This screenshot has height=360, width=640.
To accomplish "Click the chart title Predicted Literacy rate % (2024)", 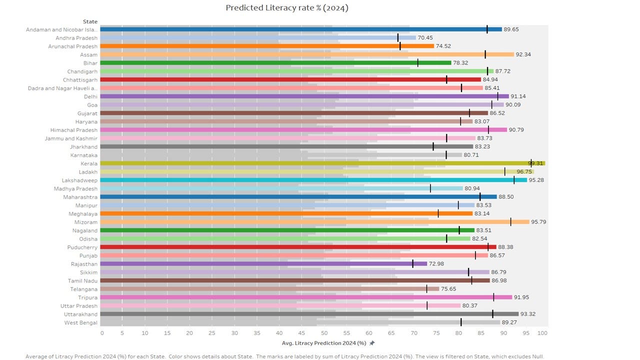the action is click(287, 8).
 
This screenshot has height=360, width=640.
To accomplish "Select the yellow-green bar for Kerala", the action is click(322, 163).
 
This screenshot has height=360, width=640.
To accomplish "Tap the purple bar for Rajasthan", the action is click(263, 263).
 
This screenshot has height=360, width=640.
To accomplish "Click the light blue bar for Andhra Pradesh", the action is click(258, 37).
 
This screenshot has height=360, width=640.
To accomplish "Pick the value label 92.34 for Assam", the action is click(523, 54).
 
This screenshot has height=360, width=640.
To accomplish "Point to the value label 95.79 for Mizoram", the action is click(538, 222).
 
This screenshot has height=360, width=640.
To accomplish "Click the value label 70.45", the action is click(425, 37).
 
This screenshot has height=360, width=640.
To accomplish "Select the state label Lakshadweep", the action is click(79, 180).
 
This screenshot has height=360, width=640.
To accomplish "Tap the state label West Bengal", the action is click(81, 323).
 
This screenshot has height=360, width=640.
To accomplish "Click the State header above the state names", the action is click(90, 21).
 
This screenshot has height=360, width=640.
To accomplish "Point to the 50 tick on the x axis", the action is click(324, 333).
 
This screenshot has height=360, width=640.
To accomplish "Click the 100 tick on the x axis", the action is click(542, 333).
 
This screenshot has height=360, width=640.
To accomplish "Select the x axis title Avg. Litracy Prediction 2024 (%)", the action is click(324, 343).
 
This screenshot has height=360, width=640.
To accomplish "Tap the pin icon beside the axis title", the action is click(371, 343).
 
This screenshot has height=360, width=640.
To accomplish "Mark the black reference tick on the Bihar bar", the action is click(417, 63).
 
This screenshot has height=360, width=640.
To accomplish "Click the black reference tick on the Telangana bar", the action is click(426, 289).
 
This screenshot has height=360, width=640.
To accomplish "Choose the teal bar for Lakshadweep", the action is click(313, 180).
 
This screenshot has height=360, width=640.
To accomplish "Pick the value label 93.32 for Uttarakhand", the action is click(527, 314).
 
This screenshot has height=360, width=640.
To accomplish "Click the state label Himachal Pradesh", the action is click(73, 130).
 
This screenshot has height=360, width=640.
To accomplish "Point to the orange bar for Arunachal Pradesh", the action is click(267, 46).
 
